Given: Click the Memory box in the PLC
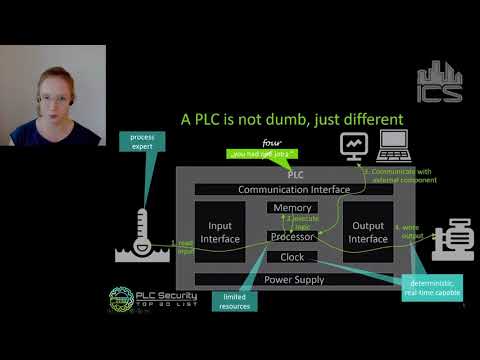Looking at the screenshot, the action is click(x=293, y=208).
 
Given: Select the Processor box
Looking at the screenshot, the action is click(x=293, y=236).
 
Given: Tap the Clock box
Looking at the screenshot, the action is click(x=293, y=257).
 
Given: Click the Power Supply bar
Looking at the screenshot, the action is click(x=293, y=279).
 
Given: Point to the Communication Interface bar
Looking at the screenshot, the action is click(x=293, y=189).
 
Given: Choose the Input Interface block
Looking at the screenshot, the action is click(x=219, y=232).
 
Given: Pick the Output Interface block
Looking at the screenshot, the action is click(x=368, y=232).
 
